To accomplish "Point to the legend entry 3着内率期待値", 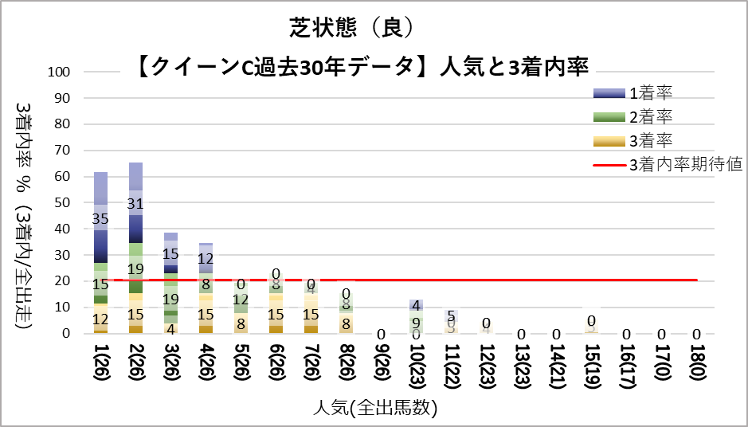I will [685, 165].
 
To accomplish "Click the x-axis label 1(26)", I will [100, 367].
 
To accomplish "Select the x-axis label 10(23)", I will [417, 370].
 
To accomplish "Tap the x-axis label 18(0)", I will [698, 367].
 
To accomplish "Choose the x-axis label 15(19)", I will [592, 370].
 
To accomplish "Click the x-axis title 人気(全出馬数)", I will [374, 409].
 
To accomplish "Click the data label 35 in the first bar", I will [100, 218].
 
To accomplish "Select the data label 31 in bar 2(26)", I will [135, 204].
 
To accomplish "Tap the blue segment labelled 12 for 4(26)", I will [206, 258].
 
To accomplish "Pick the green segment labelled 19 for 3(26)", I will [170, 300].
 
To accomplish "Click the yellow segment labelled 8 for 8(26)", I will [347, 323].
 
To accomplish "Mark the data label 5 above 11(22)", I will [452, 315].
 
